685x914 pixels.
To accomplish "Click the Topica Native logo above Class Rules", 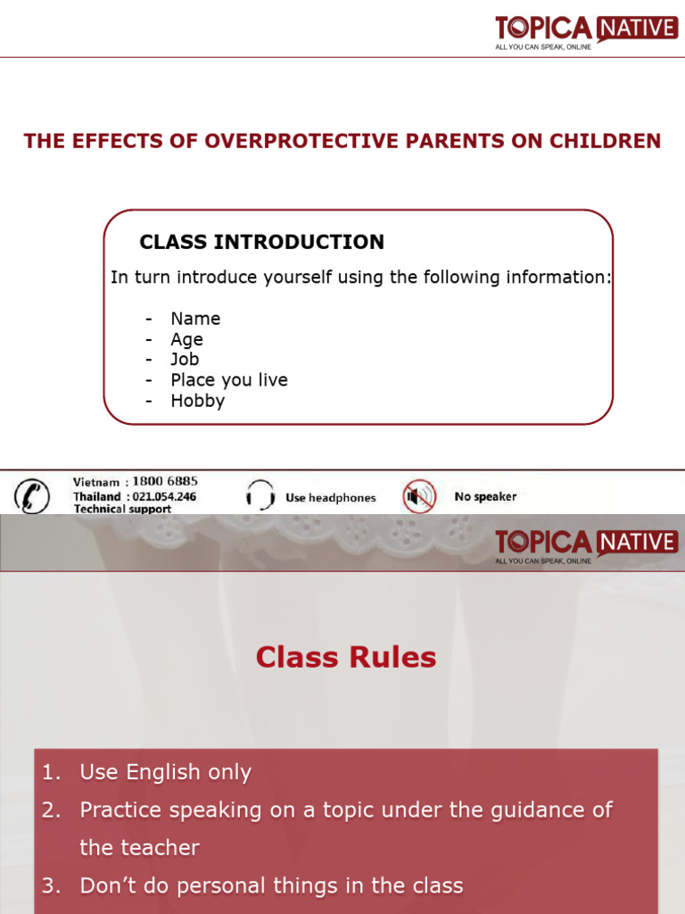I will click(586, 544).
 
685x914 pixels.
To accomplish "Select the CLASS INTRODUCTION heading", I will click(262, 242).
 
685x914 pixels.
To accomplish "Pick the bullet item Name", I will click(195, 319).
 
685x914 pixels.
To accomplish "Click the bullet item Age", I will click(186, 339).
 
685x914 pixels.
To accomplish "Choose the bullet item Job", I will click(185, 360).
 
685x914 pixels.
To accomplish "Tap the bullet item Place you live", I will click(229, 380).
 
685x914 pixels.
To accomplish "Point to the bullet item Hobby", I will click(197, 401).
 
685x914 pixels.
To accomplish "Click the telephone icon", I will click(33, 495).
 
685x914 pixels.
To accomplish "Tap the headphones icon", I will click(260, 495).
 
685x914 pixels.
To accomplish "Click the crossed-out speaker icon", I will click(418, 495).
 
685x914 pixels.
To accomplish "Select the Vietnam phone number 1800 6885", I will click(165, 482).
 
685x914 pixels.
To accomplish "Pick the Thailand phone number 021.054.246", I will click(163, 496).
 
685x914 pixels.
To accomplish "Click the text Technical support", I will click(122, 509).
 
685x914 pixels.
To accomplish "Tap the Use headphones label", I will click(331, 498).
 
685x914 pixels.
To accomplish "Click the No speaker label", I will click(485, 496).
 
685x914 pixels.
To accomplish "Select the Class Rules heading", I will click(345, 658).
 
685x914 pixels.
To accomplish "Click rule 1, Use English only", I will click(165, 773).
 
